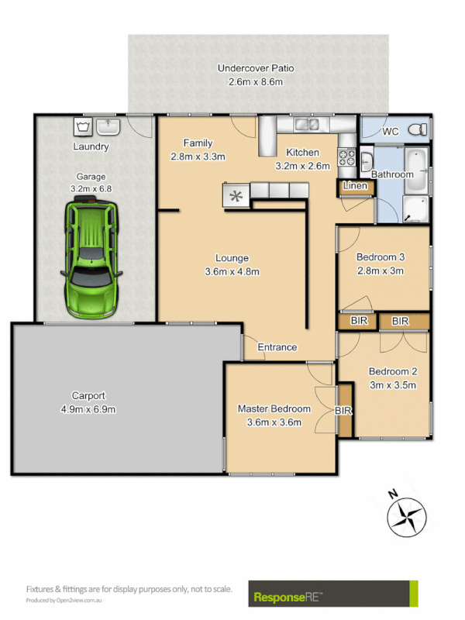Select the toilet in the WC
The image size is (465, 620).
point(417,129)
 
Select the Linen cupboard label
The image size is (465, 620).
point(354,186)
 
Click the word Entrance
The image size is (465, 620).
point(277,347)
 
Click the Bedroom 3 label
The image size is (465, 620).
point(381,257)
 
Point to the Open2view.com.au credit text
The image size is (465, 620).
point(66,601)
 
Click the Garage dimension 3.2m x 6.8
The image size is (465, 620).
point(91,188)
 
